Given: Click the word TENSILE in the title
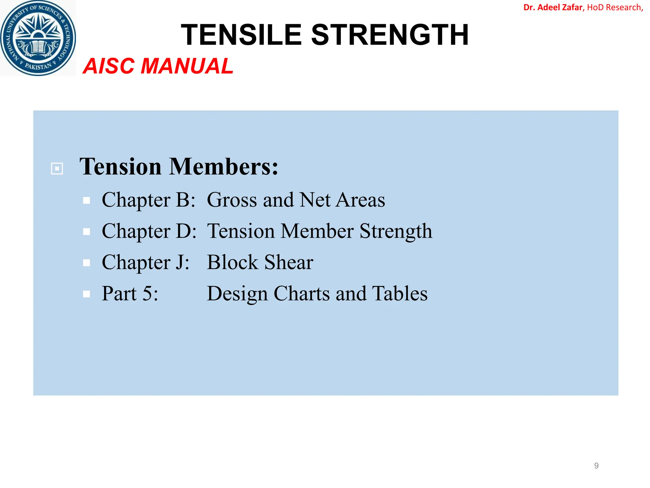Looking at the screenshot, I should (241, 35).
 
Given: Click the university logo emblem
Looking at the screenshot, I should (38, 38).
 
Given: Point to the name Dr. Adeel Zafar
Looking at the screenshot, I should (553, 7).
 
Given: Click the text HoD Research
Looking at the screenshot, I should (614, 7).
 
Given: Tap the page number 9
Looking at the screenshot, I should (596, 466).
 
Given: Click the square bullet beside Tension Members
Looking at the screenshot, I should (57, 168).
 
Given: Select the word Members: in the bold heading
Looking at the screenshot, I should (223, 167).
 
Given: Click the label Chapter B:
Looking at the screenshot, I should (149, 200).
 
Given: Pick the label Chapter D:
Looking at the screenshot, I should (149, 231).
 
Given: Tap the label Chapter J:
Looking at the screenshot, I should (146, 262).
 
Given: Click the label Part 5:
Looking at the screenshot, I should (130, 294).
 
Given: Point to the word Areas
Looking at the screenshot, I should (361, 200).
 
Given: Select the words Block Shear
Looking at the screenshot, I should (260, 262).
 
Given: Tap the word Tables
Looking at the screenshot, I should (400, 294).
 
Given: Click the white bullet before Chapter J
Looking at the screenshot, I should (86, 263).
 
